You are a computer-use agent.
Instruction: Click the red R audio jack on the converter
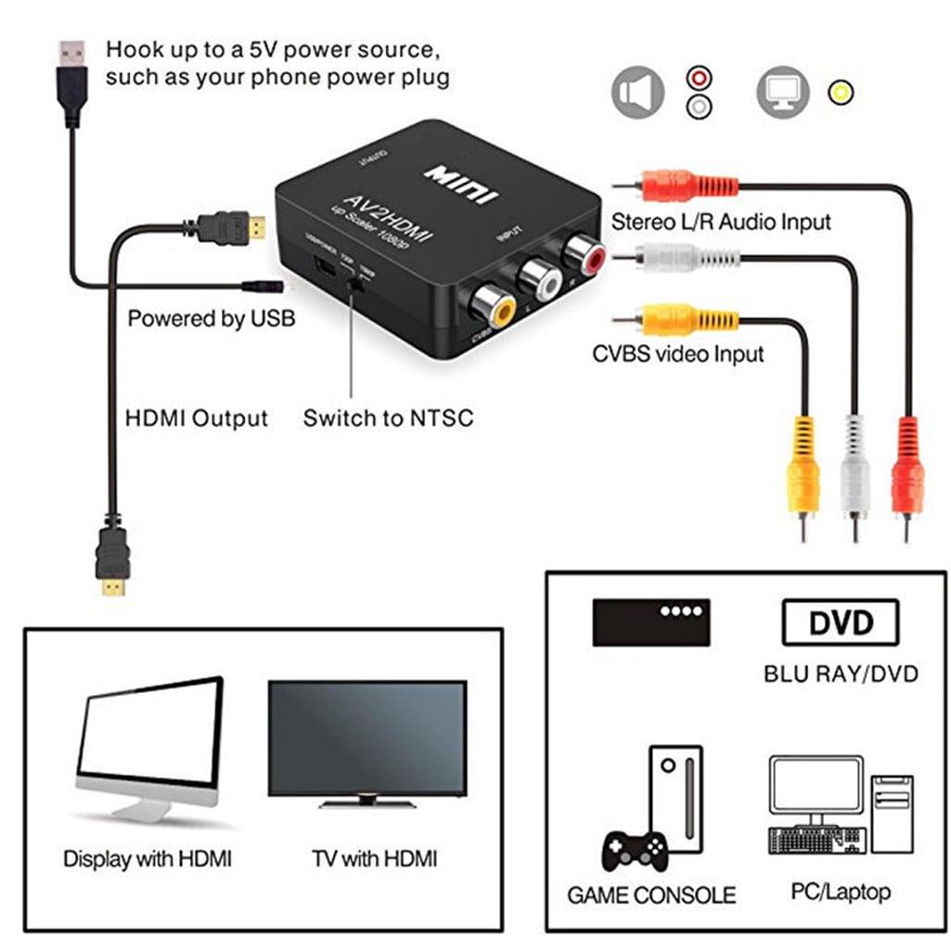click(x=585, y=251)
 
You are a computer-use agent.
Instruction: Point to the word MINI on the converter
click(x=461, y=183)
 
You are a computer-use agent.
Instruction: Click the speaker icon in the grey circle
click(x=638, y=93)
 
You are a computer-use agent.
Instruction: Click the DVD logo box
click(x=841, y=622)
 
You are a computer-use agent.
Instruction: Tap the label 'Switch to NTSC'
click(x=388, y=418)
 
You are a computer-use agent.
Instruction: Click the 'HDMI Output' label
click(x=196, y=418)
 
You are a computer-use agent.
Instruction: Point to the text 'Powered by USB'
click(x=211, y=319)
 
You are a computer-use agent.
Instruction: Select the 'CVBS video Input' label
click(x=677, y=353)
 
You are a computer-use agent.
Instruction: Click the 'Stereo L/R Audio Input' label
click(x=720, y=222)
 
